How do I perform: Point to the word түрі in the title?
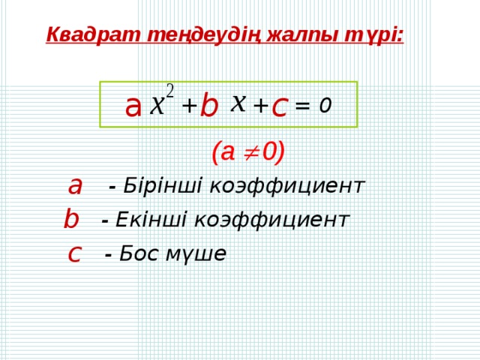(370, 34)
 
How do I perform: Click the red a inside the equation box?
(133, 106)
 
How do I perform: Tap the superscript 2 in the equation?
(170, 91)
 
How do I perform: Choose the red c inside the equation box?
(280, 106)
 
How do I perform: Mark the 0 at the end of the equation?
(323, 106)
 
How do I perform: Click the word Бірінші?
(151, 185)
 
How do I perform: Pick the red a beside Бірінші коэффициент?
(75, 184)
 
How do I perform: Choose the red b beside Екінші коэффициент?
(71, 218)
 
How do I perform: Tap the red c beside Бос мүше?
(73, 253)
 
